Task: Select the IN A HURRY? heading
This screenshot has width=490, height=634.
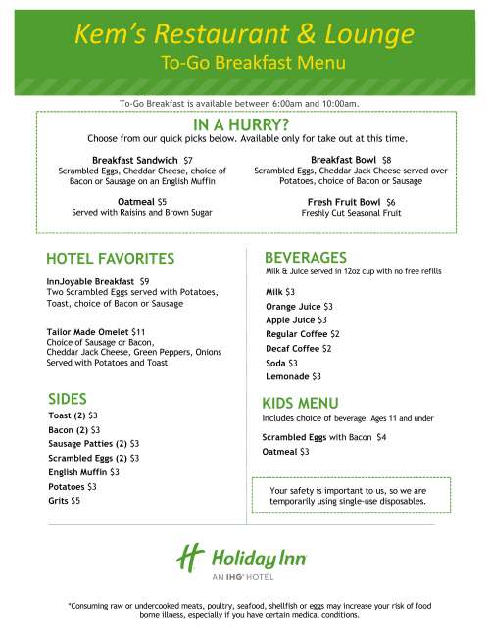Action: [241, 125]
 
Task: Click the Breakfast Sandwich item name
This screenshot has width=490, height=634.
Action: [135, 159]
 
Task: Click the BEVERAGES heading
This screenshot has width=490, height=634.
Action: [306, 257]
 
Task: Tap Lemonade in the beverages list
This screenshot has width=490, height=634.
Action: [286, 376]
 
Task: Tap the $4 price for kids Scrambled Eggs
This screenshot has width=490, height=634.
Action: [381, 436]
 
